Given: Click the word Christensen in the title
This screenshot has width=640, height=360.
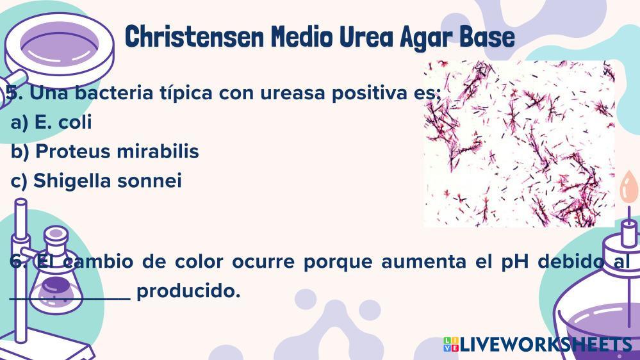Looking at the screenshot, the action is (x=194, y=37).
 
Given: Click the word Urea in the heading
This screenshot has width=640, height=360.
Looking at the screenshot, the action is (x=366, y=37).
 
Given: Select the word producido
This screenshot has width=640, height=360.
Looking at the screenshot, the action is (x=188, y=291).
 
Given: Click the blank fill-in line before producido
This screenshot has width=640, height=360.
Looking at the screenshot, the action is (x=70, y=299).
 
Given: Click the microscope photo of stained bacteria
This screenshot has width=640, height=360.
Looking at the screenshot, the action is (x=519, y=143).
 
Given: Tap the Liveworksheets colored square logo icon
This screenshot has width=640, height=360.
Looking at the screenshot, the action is (x=451, y=344).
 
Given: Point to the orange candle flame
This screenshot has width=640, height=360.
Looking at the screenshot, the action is (x=628, y=186).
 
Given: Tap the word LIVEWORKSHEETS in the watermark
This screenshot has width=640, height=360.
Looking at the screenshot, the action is (x=546, y=345).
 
